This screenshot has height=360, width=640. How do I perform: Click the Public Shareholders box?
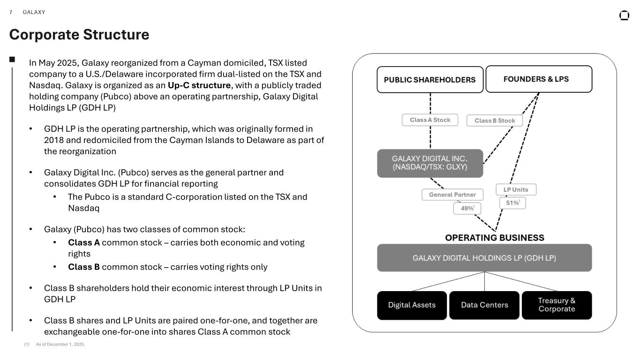pos(430,80)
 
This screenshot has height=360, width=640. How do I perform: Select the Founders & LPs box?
pos(539,79)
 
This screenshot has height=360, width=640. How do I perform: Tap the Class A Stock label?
pos(430,120)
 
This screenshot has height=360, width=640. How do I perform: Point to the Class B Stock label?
pos(495,120)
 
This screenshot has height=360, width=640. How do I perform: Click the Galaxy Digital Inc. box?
pos(430,163)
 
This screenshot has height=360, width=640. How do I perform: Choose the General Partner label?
pos(452,195)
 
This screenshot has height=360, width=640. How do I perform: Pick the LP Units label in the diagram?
pos(516,189)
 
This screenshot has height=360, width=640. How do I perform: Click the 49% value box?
pos(467,208)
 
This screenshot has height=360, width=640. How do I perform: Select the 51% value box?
pos(512,203)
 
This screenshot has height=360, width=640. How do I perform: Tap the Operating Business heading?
pos(495,238)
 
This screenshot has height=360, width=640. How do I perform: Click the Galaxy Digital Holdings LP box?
pos(484,258)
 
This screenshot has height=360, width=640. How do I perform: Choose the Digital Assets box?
pos(412,305)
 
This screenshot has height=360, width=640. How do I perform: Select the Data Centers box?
pos(484,305)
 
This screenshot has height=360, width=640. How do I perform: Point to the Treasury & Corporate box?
pos(557,305)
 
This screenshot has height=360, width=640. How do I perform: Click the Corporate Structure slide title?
pos(79,35)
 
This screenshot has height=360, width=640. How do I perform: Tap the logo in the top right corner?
pos(624,15)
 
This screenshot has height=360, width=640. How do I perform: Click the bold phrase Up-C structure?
pos(199,85)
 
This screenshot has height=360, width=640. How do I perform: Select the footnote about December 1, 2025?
pos(60,345)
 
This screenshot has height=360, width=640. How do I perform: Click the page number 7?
pos(11,12)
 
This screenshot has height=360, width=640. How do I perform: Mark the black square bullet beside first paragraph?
pos(12,59)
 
